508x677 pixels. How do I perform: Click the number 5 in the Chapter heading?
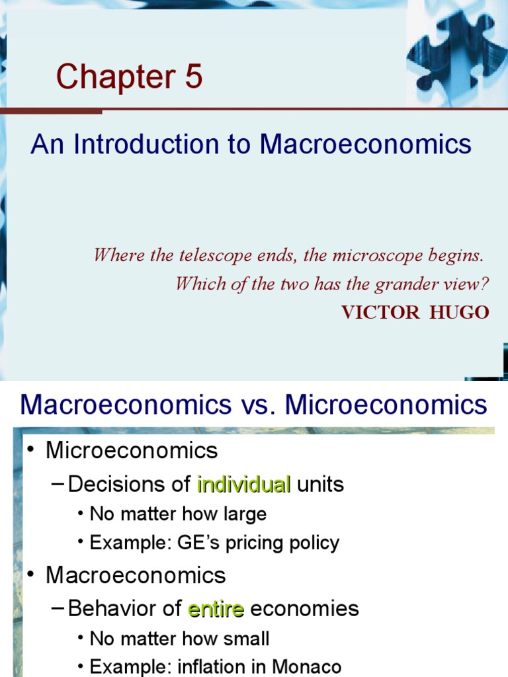click(189, 77)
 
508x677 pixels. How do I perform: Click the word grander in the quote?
click(405, 284)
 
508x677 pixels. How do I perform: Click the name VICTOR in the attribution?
click(380, 312)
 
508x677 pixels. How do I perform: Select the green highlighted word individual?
click(244, 485)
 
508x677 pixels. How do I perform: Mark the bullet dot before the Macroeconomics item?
click(31, 575)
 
